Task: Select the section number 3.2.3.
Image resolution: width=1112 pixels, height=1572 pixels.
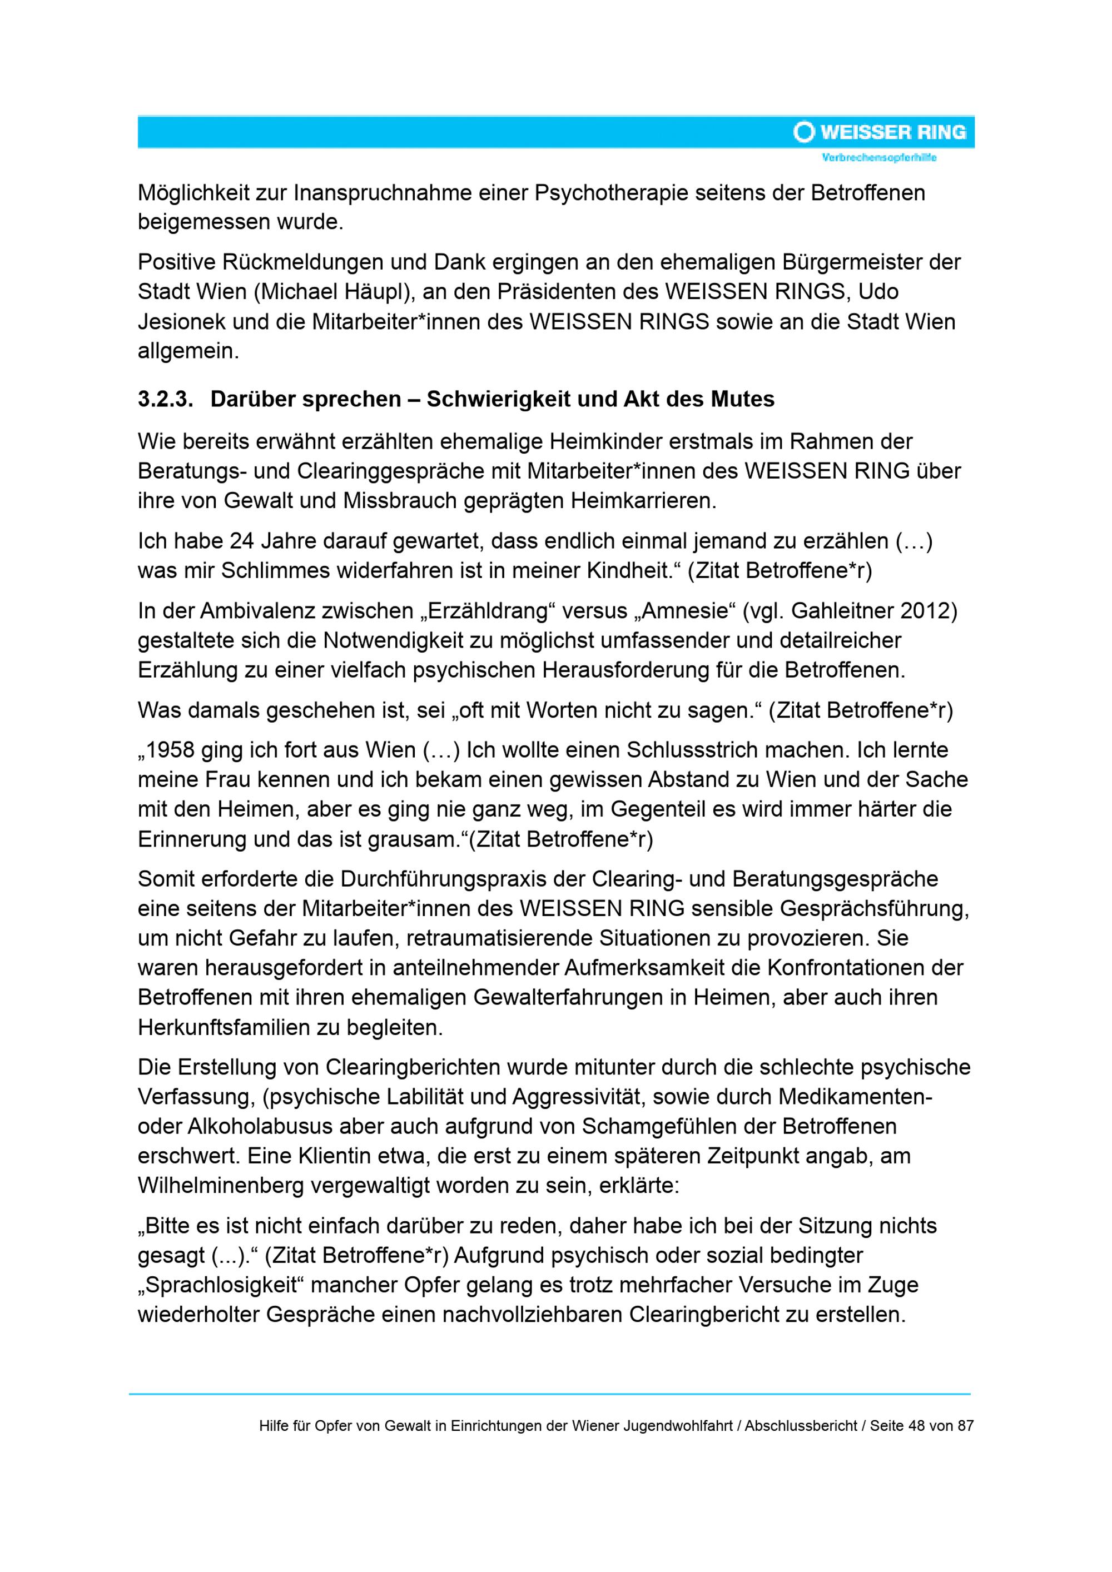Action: point(165,399)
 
